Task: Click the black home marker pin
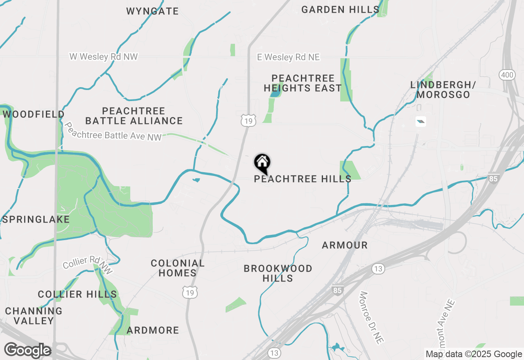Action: (x=262, y=163)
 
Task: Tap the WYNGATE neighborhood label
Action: (x=152, y=11)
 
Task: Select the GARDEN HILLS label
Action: (x=340, y=9)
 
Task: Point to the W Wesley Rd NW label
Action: (x=104, y=56)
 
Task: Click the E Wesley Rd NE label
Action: (x=288, y=57)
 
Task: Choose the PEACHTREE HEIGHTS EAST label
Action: (x=303, y=83)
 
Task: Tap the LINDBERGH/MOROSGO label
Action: (x=443, y=90)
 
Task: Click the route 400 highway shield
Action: (x=507, y=75)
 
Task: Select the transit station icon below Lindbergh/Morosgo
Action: (x=421, y=121)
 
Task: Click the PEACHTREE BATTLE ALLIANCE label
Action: (x=134, y=116)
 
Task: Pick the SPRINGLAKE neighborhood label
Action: (x=36, y=219)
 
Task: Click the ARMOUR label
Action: (x=345, y=245)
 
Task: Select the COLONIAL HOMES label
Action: (x=178, y=268)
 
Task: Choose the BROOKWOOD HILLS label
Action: (x=278, y=273)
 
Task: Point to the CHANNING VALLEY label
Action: (x=34, y=316)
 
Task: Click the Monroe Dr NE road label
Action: (x=370, y=317)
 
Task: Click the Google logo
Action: (x=27, y=351)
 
